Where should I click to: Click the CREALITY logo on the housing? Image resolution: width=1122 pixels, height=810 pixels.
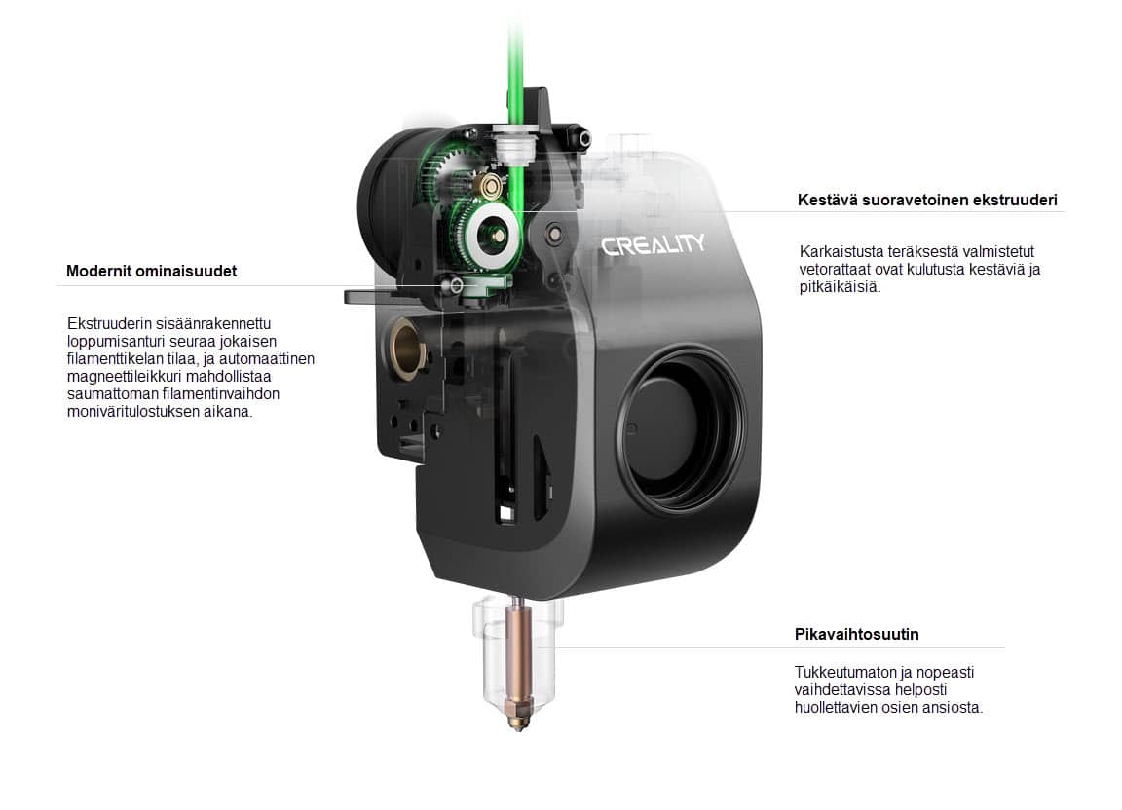pos(653,244)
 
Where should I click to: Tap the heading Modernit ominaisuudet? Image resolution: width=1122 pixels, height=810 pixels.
pos(151,272)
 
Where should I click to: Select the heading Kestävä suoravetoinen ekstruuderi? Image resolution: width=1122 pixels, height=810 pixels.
pos(926,200)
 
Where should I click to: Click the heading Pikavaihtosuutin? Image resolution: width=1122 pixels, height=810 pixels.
pos(856,634)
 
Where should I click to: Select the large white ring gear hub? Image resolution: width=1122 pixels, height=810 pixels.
pos(492,231)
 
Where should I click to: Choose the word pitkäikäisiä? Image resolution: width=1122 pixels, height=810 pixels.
pos(839,287)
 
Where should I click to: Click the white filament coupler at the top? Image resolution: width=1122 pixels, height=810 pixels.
pos(515,148)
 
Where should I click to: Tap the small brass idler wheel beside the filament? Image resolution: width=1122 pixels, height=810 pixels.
pos(492,188)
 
